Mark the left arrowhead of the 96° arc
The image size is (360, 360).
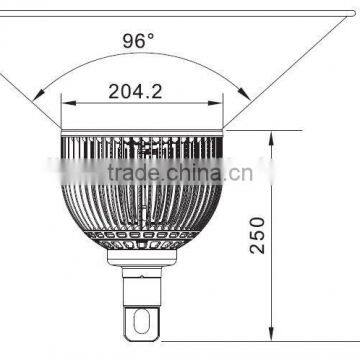37,96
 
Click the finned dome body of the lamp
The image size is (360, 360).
143,200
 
